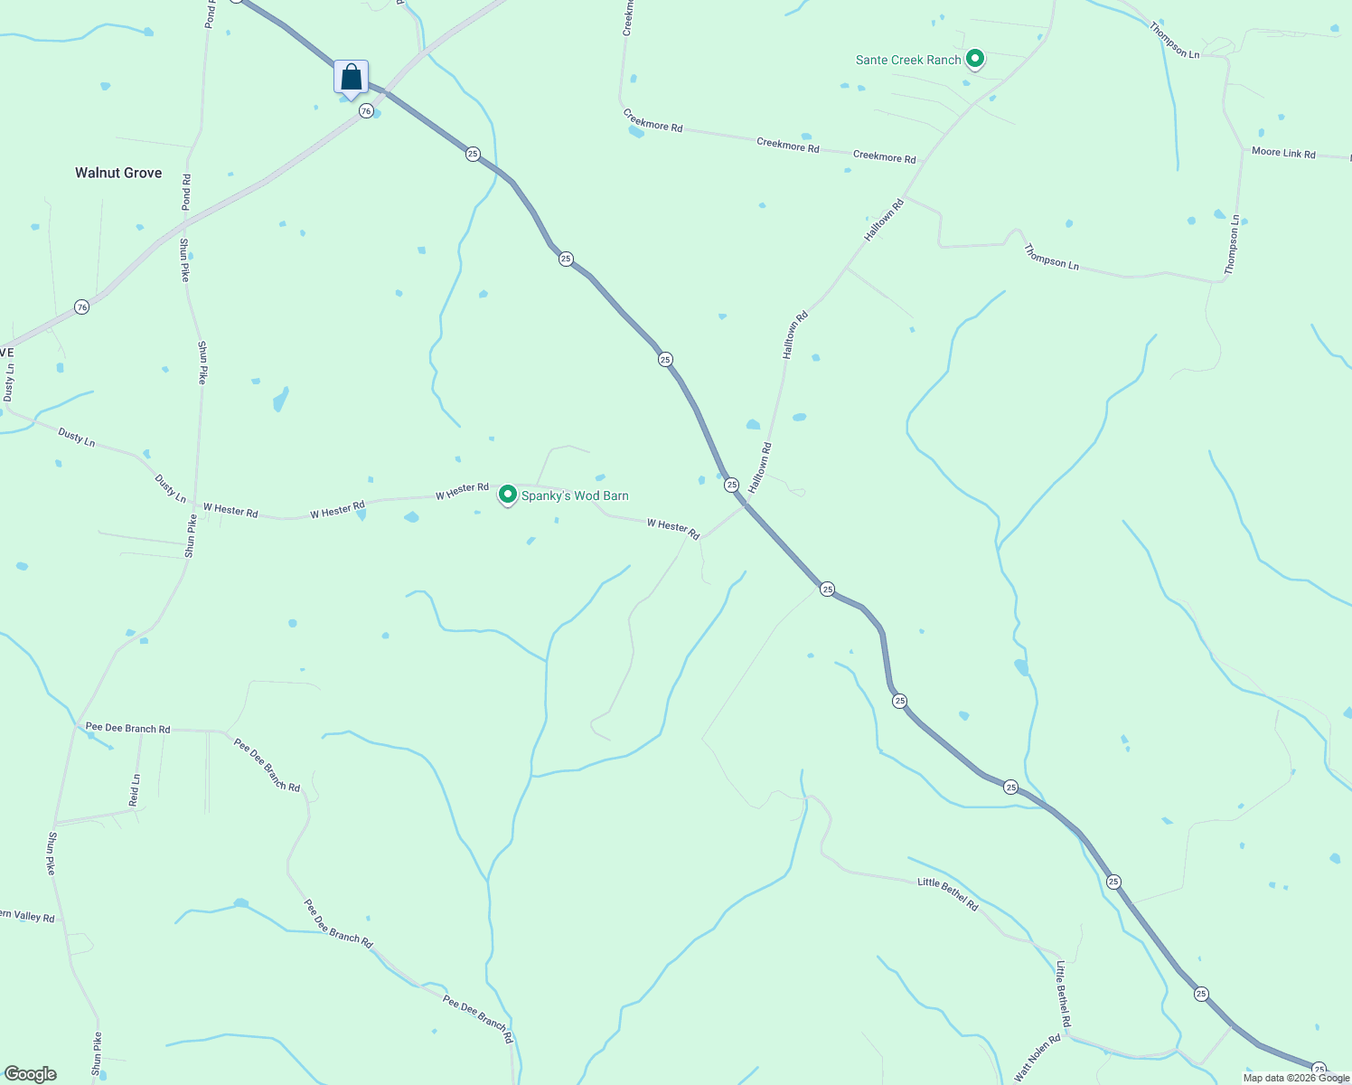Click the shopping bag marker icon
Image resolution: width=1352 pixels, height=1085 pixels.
[x=351, y=78]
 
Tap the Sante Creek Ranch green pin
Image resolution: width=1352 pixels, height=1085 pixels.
[x=975, y=60]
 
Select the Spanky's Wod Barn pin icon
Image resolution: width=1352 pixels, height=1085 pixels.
[x=508, y=495]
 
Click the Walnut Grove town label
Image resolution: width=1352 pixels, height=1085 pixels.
[x=118, y=173]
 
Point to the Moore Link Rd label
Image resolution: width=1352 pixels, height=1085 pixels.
[x=1283, y=153]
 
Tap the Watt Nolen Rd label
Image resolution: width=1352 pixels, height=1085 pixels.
[x=1037, y=1058]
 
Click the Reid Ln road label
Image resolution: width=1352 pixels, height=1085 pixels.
[x=135, y=790]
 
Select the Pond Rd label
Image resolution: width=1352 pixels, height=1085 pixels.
[x=186, y=192]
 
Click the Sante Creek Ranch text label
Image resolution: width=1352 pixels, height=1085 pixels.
[x=908, y=60]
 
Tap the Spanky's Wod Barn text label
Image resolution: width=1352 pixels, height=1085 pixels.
[x=575, y=495]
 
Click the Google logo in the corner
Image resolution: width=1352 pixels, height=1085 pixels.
[x=30, y=1074]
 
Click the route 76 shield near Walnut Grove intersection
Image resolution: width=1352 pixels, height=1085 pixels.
[x=365, y=110]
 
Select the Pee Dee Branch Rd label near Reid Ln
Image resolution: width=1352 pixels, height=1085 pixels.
[x=127, y=728]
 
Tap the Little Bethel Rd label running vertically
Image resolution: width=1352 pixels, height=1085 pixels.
[x=1064, y=994]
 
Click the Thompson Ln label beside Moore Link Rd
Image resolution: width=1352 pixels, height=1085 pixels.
[x=1233, y=245]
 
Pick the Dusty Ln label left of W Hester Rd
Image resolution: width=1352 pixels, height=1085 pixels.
[x=170, y=488]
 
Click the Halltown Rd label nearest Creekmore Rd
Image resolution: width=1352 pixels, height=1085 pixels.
[x=884, y=220]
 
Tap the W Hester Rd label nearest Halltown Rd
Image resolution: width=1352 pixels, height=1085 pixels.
[x=673, y=529]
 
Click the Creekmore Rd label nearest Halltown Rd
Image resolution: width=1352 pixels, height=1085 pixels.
[x=884, y=156]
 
